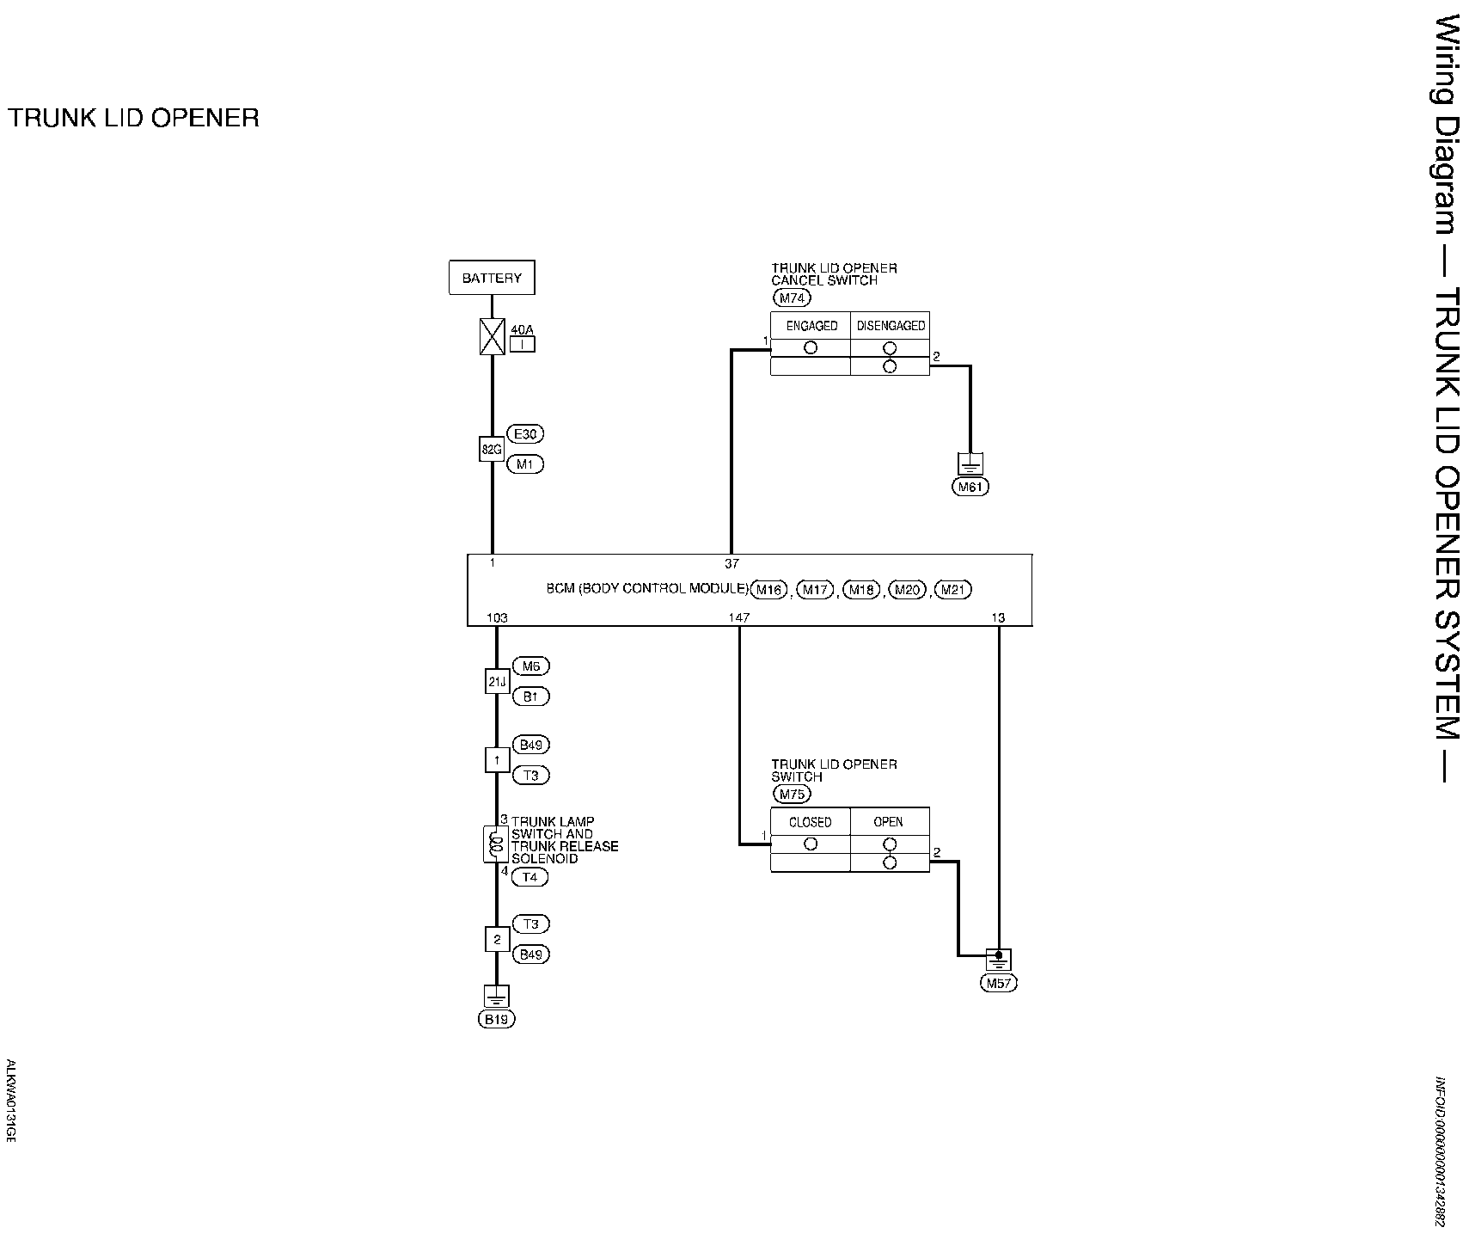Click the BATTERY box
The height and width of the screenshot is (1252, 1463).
(492, 278)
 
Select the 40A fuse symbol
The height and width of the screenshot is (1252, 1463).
(492, 336)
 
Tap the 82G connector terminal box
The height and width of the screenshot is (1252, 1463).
(491, 449)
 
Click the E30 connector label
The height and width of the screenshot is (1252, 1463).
(525, 433)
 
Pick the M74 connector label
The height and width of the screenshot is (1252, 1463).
(792, 298)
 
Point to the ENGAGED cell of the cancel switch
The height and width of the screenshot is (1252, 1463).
(811, 326)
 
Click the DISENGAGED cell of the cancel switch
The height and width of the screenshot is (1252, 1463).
(891, 326)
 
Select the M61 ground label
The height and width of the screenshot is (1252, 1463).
(970, 487)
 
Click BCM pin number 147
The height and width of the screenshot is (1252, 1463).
(738, 617)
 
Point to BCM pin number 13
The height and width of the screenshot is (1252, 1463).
(998, 617)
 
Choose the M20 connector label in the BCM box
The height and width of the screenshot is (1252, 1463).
(906, 590)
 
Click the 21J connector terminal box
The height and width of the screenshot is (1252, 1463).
(497, 682)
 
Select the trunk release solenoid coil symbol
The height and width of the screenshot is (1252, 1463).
(495, 844)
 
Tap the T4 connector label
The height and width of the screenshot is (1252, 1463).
(529, 877)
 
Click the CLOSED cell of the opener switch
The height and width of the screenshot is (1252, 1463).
(811, 822)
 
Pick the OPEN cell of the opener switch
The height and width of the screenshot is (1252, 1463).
(889, 822)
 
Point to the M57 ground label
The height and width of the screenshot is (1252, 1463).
(998, 984)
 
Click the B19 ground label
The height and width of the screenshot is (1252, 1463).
(497, 1020)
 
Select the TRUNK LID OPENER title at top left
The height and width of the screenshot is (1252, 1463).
(133, 118)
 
